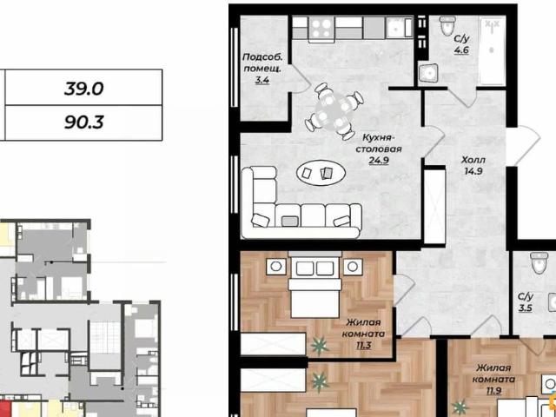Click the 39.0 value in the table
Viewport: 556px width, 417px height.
[84, 88]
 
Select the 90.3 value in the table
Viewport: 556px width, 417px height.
[84, 122]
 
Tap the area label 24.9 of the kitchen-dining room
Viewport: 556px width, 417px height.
[379, 160]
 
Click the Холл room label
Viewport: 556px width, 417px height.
[473, 160]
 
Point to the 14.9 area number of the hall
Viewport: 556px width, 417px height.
[473, 172]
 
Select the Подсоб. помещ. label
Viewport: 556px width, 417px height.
[262, 63]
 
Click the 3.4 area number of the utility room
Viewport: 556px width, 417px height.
[262, 80]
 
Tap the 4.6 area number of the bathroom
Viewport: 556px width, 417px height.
[461, 50]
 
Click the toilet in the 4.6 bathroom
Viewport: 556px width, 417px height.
[447, 25]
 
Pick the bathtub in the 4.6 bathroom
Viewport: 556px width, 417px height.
[492, 51]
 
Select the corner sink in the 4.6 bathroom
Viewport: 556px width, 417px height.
[428, 75]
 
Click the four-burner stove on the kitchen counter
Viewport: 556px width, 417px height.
[321, 28]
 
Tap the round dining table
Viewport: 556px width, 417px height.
[333, 109]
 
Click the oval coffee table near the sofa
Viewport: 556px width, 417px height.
[321, 173]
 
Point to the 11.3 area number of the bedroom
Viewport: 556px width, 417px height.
[364, 345]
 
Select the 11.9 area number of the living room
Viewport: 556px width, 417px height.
[493, 391]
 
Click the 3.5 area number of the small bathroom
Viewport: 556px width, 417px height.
[525, 308]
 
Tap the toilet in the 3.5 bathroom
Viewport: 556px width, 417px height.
[539, 262]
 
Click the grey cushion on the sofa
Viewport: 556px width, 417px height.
[289, 222]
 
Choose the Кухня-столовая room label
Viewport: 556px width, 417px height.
[379, 142]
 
